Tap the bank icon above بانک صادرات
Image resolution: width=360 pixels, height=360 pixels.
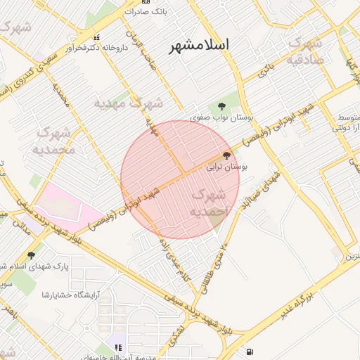145,2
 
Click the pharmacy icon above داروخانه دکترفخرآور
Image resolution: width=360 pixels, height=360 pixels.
97,37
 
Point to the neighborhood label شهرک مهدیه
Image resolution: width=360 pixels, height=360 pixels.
129,103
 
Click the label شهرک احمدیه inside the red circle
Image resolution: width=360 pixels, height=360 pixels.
209,201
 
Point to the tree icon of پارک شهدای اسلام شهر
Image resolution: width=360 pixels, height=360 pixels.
31,255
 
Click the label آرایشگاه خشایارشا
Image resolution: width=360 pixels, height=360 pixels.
70,294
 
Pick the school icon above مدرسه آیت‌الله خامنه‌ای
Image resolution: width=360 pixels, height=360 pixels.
118,347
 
